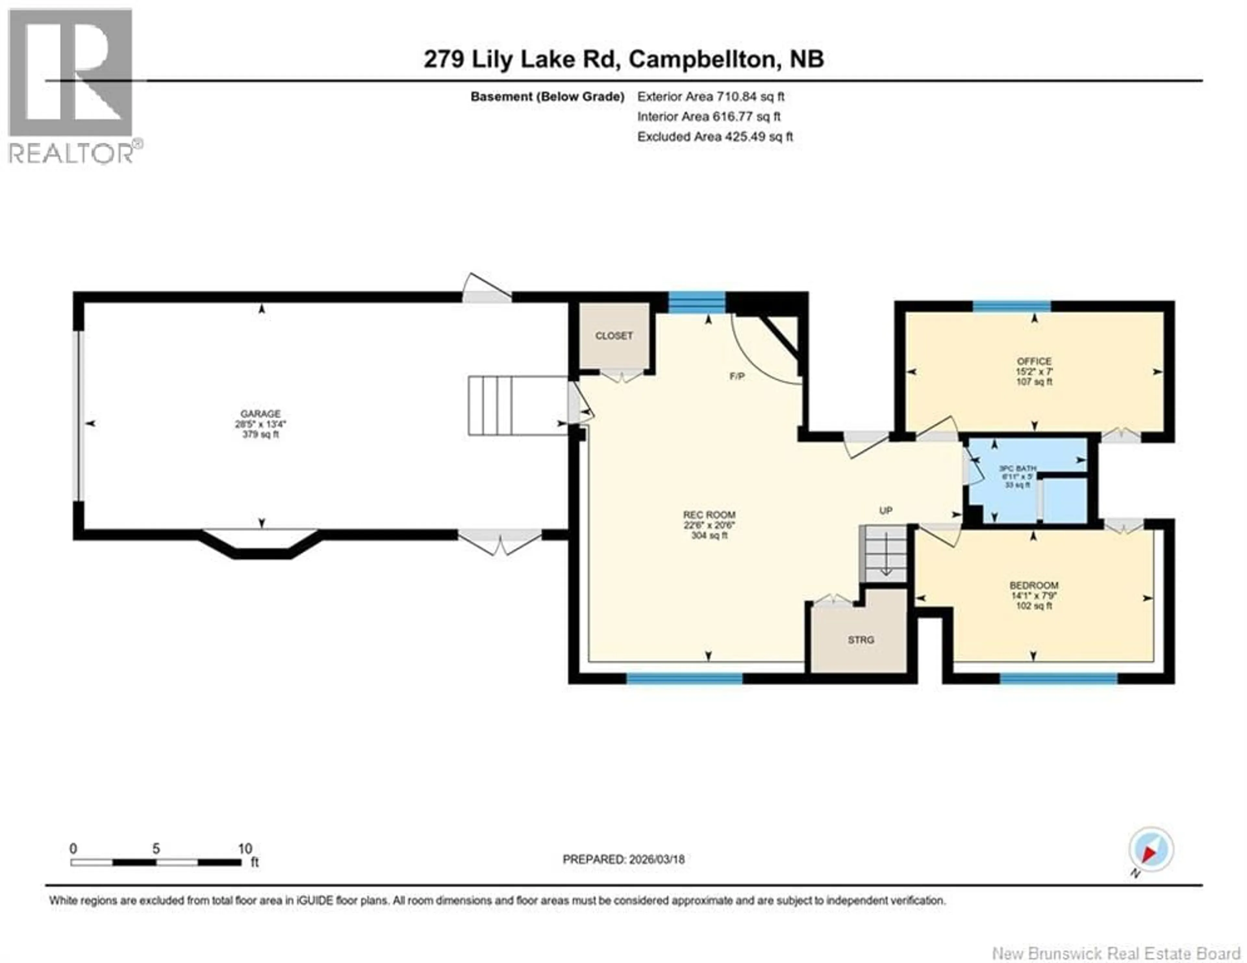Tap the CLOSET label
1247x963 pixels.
click(x=614, y=336)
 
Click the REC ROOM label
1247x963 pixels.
click(x=709, y=515)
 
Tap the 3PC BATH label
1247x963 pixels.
click(x=1017, y=469)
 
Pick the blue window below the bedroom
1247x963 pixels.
click(x=1058, y=679)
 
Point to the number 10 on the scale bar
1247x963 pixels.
click(x=245, y=848)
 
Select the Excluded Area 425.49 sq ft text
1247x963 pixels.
click(x=715, y=136)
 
